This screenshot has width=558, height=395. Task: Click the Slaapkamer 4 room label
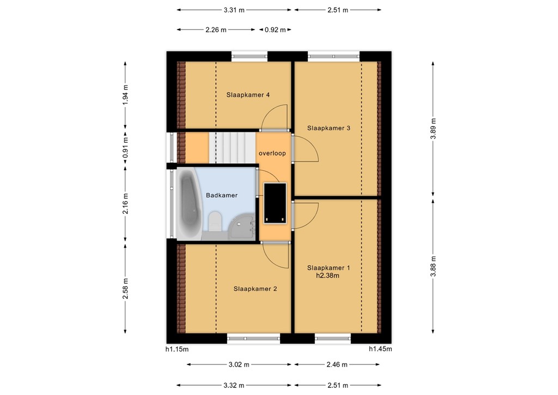248,95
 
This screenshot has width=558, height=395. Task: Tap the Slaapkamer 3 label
329,128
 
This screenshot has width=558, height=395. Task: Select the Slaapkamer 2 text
255,289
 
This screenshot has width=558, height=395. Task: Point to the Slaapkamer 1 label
329,267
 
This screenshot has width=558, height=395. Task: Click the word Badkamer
222,195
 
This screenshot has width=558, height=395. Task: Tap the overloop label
272,153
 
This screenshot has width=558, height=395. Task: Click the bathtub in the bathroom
189,203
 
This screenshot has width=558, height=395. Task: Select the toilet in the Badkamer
215,222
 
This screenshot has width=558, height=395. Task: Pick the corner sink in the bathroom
242,228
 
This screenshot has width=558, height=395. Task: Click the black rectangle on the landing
275,204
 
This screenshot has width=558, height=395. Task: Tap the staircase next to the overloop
232,148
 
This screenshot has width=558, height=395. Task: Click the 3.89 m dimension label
433,129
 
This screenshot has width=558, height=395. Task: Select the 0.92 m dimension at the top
275,30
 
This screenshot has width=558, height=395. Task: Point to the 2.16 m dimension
125,204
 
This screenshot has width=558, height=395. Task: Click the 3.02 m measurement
239,364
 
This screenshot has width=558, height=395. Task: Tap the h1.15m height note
177,349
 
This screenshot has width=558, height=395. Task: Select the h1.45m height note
380,349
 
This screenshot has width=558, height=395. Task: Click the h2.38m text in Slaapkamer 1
327,276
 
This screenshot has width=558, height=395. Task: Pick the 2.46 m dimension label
337,364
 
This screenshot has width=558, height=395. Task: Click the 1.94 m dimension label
125,95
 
